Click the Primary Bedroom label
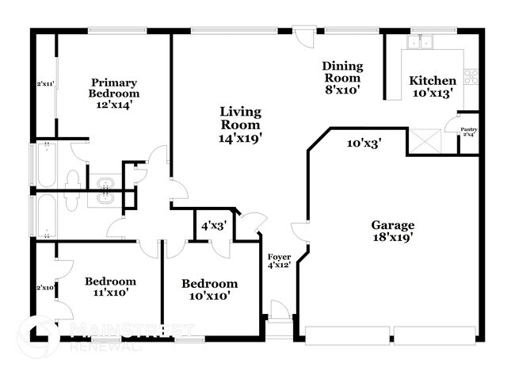pyautogui.click(x=114, y=94)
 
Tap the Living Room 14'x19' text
pyautogui.click(x=241, y=124)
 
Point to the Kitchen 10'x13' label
pyautogui.click(x=432, y=86)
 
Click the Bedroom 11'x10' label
pyautogui.click(x=110, y=286)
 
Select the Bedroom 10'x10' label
pyautogui.click(x=209, y=289)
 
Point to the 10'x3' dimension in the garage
pyautogui.click(x=365, y=143)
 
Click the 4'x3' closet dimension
pyautogui.click(x=214, y=225)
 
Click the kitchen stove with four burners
pyautogui.click(x=471, y=77)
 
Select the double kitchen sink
pyautogui.click(x=420, y=42)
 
